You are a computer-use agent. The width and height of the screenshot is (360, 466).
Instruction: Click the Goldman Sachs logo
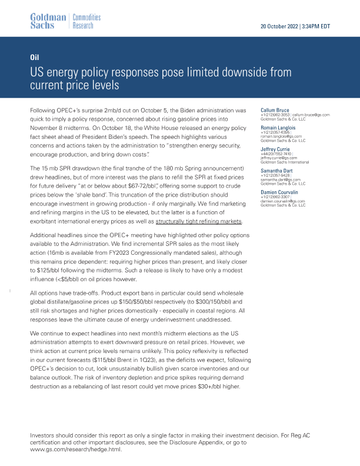pos(48,22)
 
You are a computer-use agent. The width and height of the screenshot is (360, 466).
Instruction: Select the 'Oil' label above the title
pos(34,58)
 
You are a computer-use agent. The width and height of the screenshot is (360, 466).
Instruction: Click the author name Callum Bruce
pos(274,110)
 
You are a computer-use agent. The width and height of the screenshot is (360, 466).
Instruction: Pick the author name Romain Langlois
pos(278,127)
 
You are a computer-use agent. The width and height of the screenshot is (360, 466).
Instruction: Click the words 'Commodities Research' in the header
pos(86,22)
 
